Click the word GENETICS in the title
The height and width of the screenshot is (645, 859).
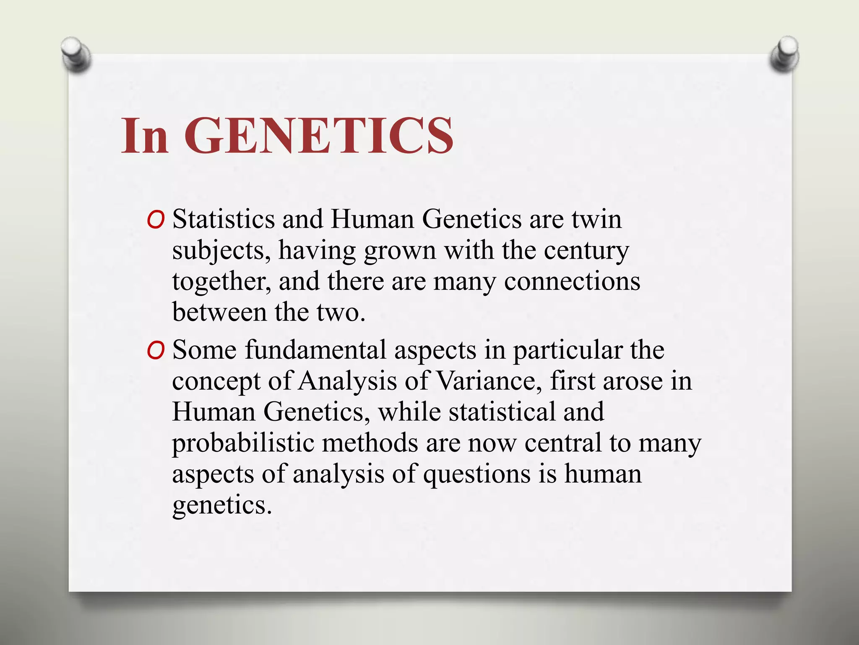(x=319, y=136)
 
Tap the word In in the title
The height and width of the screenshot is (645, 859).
(x=145, y=136)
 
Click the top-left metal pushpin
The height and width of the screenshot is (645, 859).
(x=75, y=53)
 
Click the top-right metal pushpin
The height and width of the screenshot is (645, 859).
(x=784, y=53)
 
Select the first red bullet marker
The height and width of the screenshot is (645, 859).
(x=156, y=220)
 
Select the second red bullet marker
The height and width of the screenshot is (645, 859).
(x=156, y=351)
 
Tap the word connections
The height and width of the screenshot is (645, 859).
(x=572, y=281)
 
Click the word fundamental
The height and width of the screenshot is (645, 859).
(x=315, y=350)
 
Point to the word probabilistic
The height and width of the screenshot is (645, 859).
(x=243, y=443)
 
